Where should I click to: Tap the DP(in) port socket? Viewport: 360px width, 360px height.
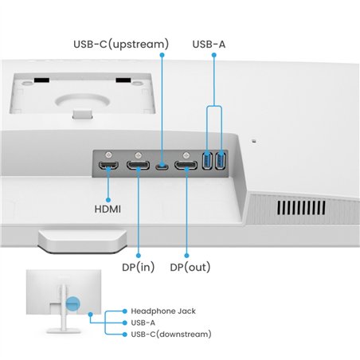[138, 166]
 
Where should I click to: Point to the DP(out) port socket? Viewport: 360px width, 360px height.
[186, 166]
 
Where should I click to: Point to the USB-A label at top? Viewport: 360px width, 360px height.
[209, 44]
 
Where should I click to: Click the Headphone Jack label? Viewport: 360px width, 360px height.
[162, 311]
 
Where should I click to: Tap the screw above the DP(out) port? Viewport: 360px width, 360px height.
[186, 155]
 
